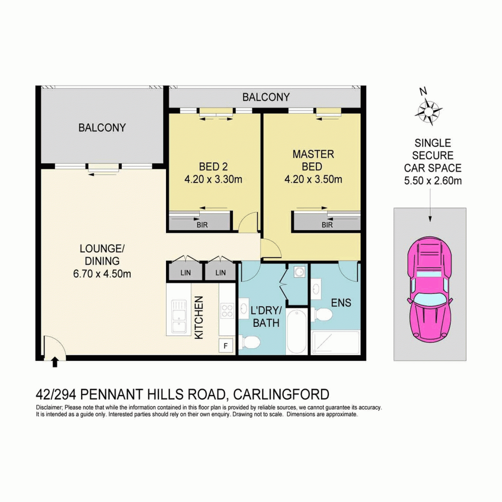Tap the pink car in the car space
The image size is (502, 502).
tap(430, 289)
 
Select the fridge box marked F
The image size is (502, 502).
tap(226, 346)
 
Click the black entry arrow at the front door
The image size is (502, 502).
tap(55, 362)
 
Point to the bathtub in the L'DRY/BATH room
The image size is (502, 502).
tap(297, 331)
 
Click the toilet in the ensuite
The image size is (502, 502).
tap(322, 315)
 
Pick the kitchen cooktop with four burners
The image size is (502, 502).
tap(227, 311)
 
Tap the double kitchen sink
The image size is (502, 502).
tap(179, 317)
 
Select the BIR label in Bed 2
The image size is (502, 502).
tap(202, 225)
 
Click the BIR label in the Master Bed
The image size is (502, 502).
tap(327, 225)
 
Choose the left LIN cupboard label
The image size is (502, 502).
tap(185, 273)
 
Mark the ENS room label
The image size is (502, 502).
tap(341, 303)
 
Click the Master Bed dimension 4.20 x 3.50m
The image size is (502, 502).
tap(313, 179)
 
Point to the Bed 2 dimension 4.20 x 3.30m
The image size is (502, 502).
tap(213, 179)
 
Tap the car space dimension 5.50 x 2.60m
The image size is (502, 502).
tap(433, 181)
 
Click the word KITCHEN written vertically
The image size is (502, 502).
tap(199, 317)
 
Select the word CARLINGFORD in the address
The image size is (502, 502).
tap(281, 395)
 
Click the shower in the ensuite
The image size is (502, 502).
tap(335, 342)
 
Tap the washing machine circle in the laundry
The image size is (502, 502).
tap(299, 272)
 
